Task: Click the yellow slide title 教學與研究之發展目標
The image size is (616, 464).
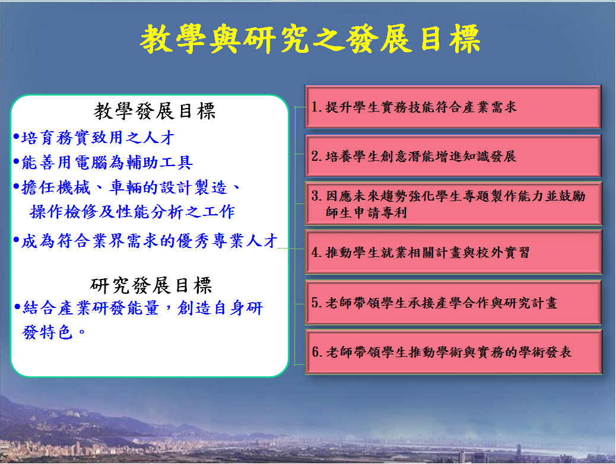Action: [310, 39]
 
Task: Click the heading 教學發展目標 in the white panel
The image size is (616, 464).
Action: [154, 111]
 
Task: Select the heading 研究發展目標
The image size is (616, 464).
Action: [151, 285]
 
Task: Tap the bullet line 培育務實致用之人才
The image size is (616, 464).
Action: [94, 138]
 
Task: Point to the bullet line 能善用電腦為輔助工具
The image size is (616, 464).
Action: [103, 162]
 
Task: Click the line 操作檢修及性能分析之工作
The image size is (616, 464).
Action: [132, 212]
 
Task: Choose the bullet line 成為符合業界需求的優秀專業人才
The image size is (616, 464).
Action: [145, 241]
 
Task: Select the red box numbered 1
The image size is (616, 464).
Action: [453, 106]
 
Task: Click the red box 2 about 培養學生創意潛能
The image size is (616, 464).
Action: [453, 156]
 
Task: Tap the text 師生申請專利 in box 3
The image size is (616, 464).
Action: [366, 212]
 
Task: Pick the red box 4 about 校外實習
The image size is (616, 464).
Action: [453, 252]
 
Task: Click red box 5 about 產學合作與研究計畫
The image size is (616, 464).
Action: [453, 303]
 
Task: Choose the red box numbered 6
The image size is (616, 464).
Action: [453, 352]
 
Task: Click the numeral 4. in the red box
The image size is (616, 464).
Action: [317, 252]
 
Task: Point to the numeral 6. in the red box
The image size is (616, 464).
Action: [317, 352]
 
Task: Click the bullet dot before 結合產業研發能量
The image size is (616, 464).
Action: [17, 306]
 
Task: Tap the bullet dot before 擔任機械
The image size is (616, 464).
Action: [16, 186]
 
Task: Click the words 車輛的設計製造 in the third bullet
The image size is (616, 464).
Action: [169, 187]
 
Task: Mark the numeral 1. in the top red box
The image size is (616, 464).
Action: [317, 107]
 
